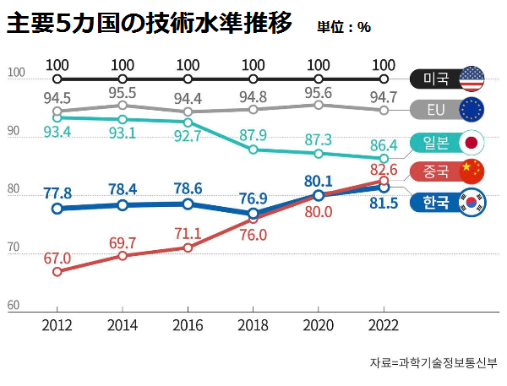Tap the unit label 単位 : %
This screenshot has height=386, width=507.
coord(343,26)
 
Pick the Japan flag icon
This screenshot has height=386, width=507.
coord(471,142)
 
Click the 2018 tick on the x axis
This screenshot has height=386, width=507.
coord(253,325)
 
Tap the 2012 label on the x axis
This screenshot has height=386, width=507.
coord(57,325)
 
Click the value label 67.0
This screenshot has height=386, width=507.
coord(57,258)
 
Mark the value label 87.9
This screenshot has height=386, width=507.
coord(253,135)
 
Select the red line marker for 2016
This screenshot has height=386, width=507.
coord(188,247)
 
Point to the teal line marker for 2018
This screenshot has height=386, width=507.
coord(253,150)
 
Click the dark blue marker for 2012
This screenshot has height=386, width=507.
coord(57,208)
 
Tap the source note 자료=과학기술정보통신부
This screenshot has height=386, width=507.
coord(433,363)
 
